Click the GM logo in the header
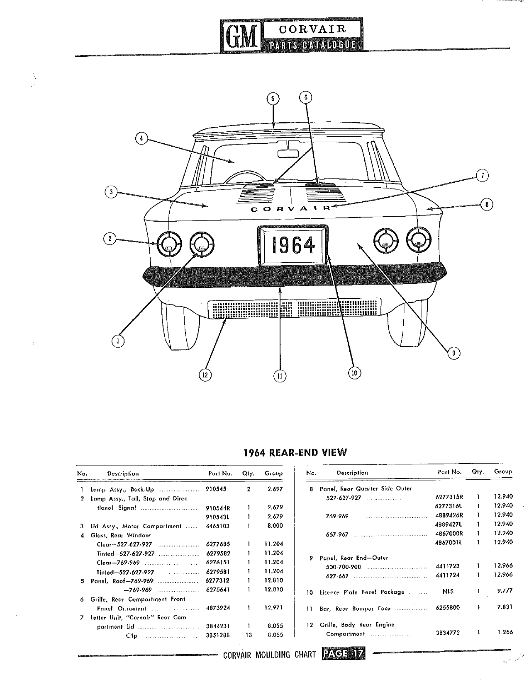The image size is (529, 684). (x=241, y=36)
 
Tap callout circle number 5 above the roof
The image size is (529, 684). (x=273, y=99)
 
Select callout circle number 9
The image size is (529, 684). (x=453, y=353)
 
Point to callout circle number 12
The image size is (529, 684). (x=205, y=375)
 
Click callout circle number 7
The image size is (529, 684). (x=482, y=175)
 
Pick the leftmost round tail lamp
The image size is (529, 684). (x=169, y=244)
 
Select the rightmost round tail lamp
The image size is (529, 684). (x=419, y=240)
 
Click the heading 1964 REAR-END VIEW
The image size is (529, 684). (x=295, y=452)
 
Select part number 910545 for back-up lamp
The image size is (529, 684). (x=216, y=489)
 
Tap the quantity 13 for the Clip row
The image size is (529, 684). (x=249, y=635)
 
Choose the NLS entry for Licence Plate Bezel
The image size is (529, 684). (x=448, y=592)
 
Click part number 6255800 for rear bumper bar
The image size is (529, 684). (x=448, y=607)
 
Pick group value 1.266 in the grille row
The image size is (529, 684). (x=505, y=632)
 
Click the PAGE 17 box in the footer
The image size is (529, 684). (x=343, y=654)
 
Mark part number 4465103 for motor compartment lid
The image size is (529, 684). (x=217, y=526)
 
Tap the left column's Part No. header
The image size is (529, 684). (x=220, y=474)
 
